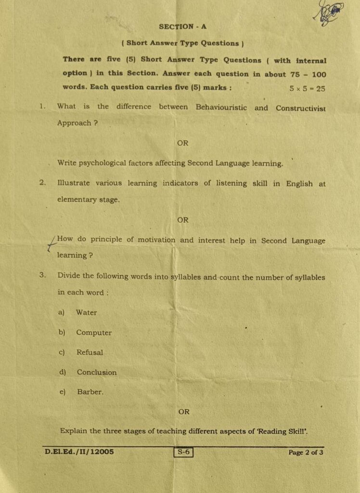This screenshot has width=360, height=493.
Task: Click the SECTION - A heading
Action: (182, 27)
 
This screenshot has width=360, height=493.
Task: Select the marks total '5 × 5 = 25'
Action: (307, 89)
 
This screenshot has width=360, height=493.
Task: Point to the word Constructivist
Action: (300, 108)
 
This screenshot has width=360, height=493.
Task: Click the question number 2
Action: (43, 182)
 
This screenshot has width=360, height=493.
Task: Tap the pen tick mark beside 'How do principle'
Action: (51, 243)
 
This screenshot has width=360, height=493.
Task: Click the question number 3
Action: (43, 275)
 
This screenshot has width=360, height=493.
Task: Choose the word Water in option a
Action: (86, 312)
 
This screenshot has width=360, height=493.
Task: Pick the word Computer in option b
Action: (94, 333)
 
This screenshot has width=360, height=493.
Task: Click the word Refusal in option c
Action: (90, 352)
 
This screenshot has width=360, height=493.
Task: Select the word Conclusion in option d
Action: (97, 372)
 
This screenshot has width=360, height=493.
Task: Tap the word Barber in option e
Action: (90, 392)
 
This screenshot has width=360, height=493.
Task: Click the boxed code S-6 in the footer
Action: (183, 452)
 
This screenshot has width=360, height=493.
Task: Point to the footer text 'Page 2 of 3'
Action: (306, 453)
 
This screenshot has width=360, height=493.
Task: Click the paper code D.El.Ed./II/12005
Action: (79, 452)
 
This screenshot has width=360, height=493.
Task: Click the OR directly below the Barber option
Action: (184, 412)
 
